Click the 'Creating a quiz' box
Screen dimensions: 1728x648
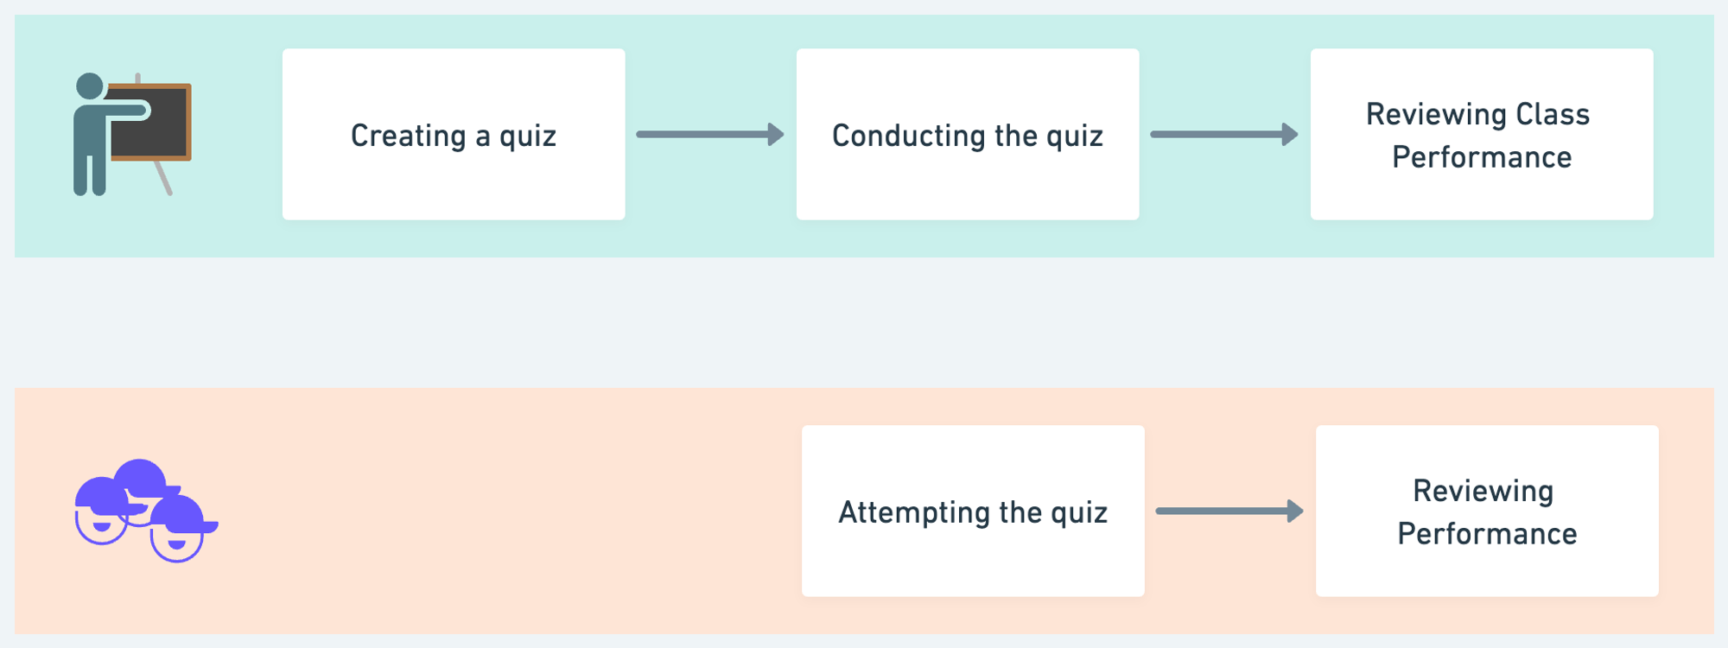(x=454, y=134)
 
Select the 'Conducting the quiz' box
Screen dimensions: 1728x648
(x=968, y=134)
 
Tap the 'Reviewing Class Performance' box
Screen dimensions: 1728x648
(x=1482, y=134)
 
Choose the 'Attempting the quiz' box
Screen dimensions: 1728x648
(x=973, y=511)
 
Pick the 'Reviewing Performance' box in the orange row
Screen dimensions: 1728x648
(x=1487, y=511)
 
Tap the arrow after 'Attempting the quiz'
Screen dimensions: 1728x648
(x=1229, y=511)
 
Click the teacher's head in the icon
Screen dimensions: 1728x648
(x=90, y=86)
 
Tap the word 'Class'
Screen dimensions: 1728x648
(x=1553, y=114)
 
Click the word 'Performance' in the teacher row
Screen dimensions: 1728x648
(x=1482, y=157)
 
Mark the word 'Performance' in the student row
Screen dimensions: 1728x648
(x=1487, y=534)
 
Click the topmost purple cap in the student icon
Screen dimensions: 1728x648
(x=141, y=476)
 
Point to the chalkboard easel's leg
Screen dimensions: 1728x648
(x=162, y=177)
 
